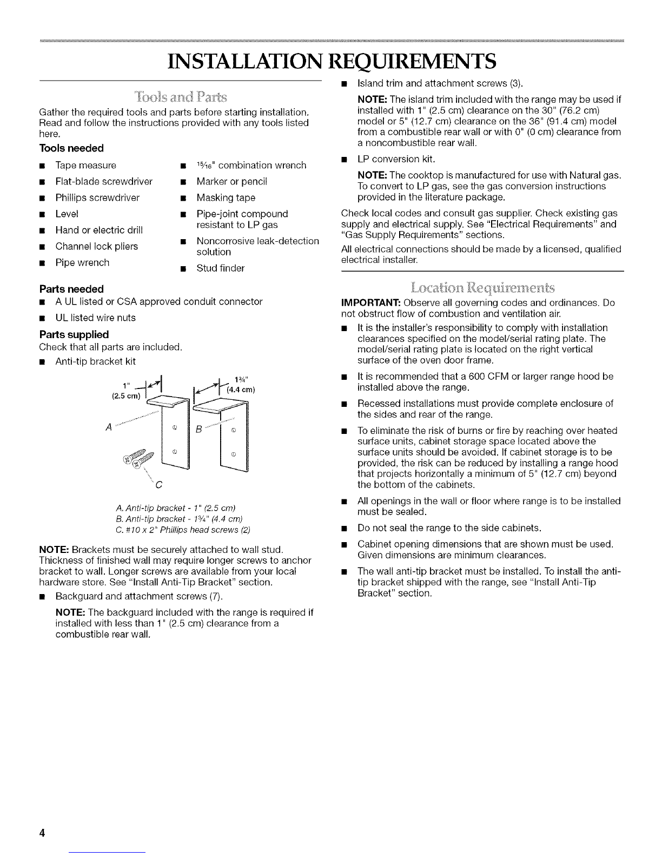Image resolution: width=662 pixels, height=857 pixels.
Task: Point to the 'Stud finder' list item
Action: coord(220,268)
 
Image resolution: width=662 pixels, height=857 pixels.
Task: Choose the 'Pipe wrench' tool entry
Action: coord(82,263)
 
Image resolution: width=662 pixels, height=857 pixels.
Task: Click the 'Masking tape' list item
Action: coord(226,198)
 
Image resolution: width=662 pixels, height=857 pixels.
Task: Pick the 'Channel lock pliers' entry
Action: coord(96,247)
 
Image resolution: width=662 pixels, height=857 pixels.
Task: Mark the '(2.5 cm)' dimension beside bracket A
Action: coord(125,395)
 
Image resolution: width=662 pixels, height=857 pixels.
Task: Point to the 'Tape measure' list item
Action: coord(85,166)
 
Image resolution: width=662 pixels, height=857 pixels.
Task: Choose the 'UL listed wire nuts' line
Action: coord(95,318)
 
